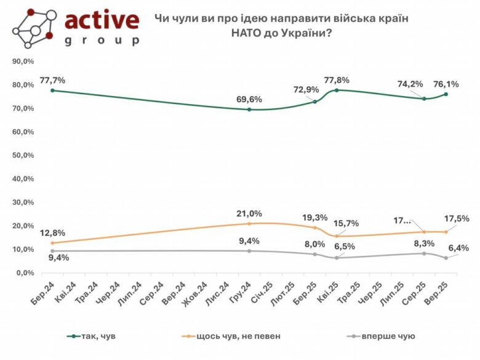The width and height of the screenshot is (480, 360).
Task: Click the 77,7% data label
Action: point(52,80)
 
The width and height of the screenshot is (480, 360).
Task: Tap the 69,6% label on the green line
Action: point(249,98)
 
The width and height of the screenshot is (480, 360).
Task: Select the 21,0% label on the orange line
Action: point(249,214)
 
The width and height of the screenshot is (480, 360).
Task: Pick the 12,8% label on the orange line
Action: point(52,233)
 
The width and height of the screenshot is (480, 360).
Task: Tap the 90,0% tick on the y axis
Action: point(23,62)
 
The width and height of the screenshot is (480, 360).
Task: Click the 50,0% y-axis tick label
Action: point(23,155)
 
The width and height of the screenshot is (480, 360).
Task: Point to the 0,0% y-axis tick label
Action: point(25,273)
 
